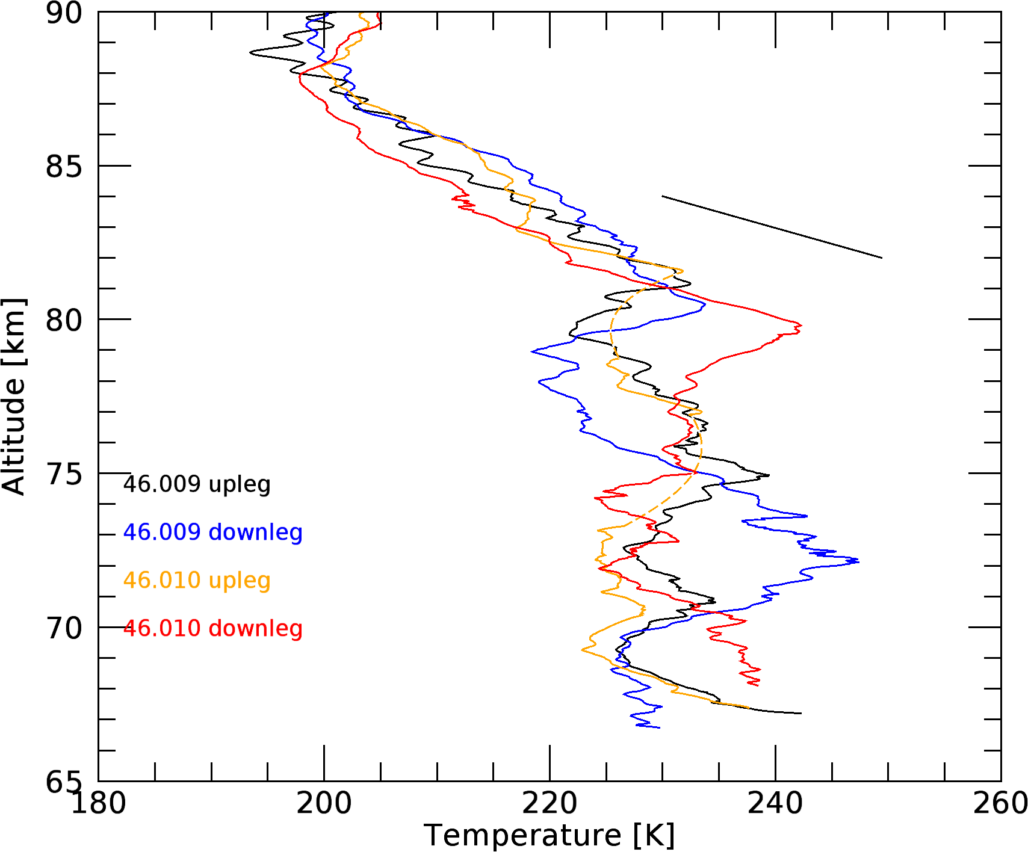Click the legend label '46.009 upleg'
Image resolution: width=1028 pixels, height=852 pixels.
(197, 484)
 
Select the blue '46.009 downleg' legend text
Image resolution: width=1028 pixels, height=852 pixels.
(212, 532)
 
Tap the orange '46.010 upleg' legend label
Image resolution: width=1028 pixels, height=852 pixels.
(197, 581)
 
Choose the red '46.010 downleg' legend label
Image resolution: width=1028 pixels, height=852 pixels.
(212, 629)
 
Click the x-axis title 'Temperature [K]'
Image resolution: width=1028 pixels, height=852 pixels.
(550, 836)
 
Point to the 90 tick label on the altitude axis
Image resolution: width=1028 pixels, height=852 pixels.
(64, 13)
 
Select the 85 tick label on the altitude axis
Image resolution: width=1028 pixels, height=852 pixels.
(64, 166)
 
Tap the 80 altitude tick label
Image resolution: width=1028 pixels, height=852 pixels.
(64, 320)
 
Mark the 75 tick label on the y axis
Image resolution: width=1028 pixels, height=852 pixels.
(64, 474)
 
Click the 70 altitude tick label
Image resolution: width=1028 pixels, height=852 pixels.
(64, 628)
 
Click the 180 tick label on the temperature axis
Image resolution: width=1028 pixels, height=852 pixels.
(99, 804)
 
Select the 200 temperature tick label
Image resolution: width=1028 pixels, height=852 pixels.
(324, 804)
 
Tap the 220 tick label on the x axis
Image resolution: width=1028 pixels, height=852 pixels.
(550, 804)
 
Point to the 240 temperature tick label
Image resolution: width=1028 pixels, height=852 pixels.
(775, 804)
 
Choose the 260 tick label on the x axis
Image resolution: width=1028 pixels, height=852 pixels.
(1000, 804)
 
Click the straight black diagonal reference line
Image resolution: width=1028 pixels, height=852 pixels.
(772, 227)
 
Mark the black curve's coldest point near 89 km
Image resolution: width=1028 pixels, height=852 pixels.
(250, 53)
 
